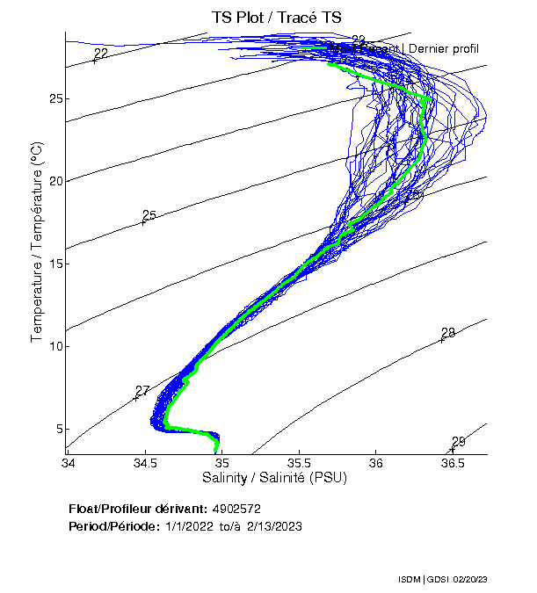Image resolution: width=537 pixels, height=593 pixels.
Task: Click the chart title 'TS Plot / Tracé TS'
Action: [x=276, y=18]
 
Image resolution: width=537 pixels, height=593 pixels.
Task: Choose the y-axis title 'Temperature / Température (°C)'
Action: [x=37, y=242]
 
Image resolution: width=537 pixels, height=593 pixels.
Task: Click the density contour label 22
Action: [x=101, y=54]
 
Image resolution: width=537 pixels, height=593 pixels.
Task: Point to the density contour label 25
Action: [x=149, y=215]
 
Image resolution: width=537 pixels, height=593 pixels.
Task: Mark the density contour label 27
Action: [x=142, y=391]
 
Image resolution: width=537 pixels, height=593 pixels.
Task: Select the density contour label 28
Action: [x=448, y=333]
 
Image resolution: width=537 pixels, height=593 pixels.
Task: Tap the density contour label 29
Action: [x=459, y=442]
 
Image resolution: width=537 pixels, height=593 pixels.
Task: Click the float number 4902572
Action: [x=236, y=509]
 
